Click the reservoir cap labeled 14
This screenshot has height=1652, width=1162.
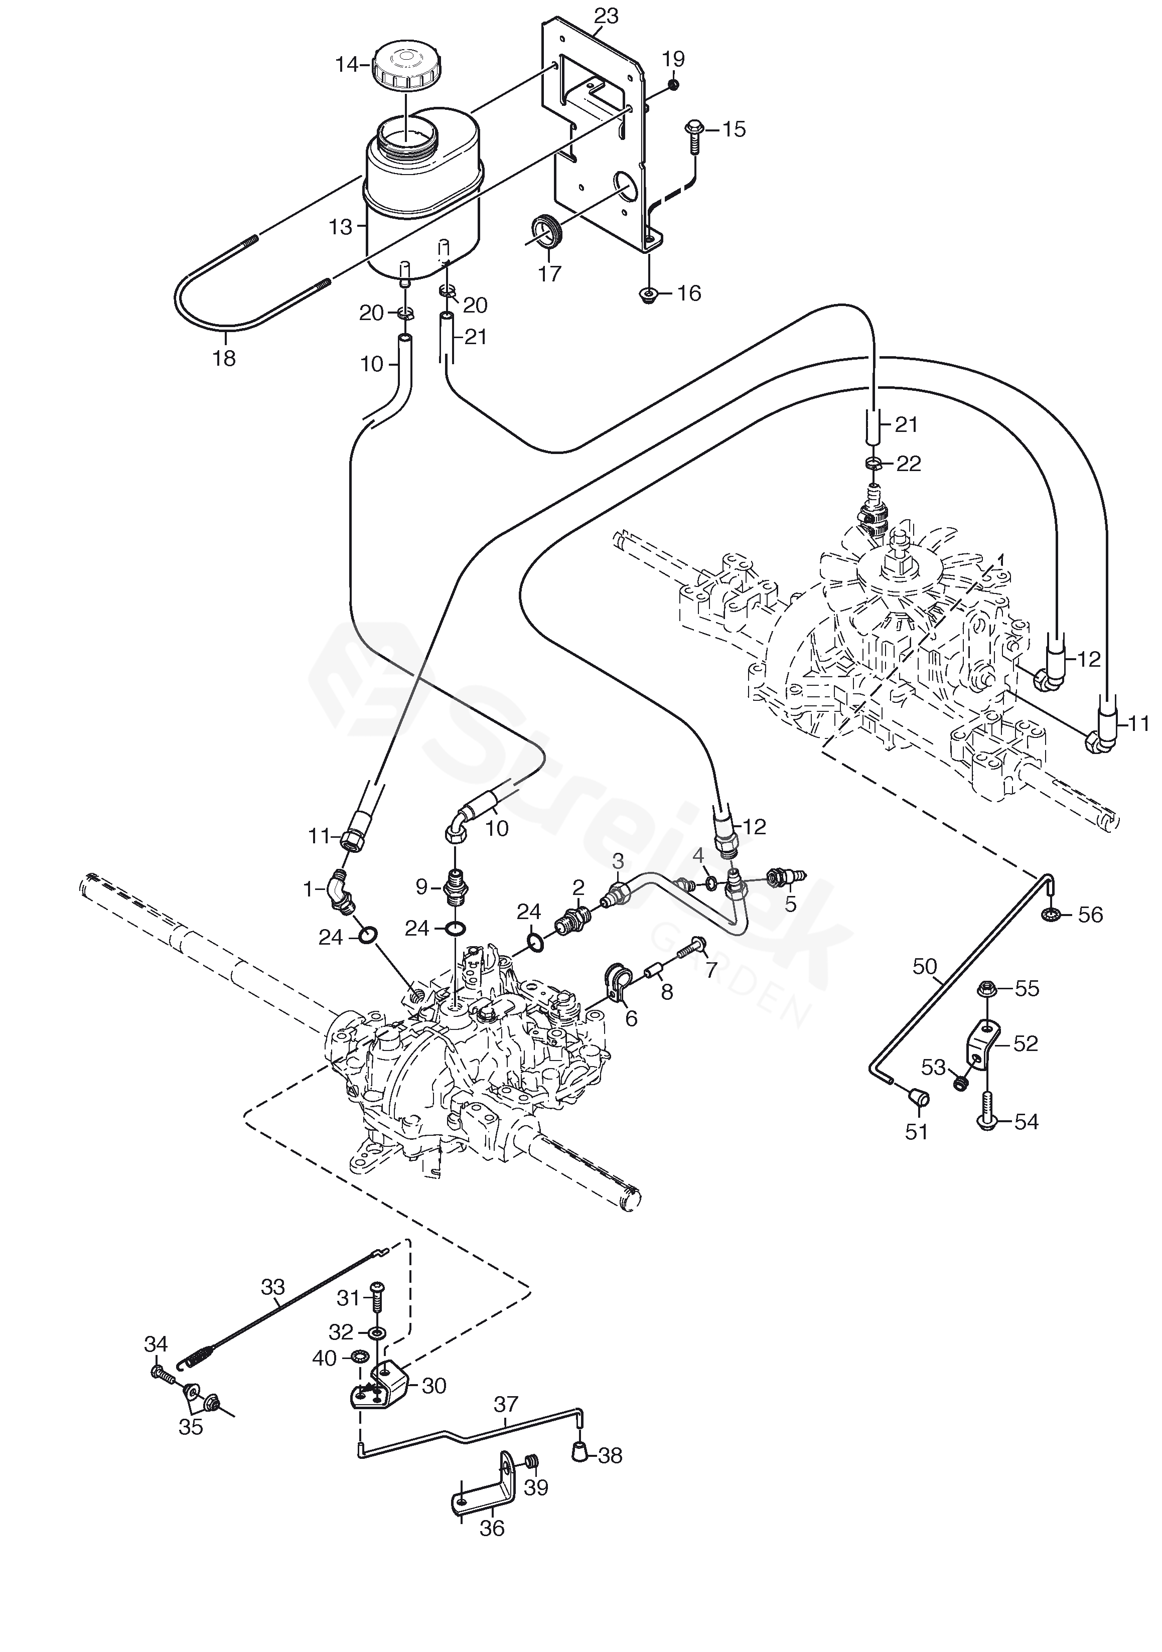point(407,66)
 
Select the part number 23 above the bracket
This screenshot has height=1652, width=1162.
point(606,16)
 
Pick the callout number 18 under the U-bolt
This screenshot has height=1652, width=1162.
point(224,358)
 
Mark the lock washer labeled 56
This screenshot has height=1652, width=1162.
point(1050,915)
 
